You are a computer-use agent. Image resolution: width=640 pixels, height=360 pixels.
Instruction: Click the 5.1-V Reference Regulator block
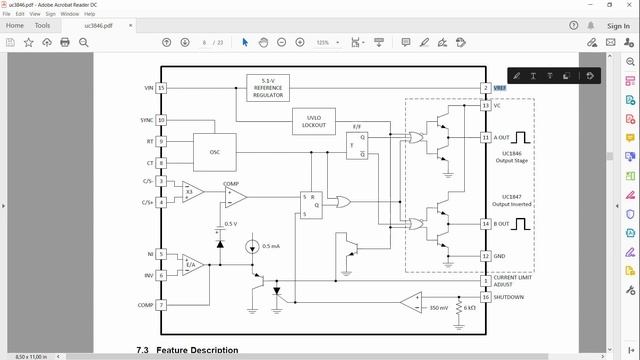(x=267, y=88)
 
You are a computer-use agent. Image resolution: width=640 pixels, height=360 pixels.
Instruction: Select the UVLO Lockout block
(x=314, y=122)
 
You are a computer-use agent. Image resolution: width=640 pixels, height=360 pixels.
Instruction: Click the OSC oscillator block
(x=215, y=151)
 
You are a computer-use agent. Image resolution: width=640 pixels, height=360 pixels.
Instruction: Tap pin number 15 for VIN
(x=161, y=88)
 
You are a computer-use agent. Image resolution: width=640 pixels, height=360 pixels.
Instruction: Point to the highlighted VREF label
(x=500, y=88)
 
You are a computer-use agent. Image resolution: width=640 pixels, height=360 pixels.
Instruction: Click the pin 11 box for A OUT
(x=485, y=137)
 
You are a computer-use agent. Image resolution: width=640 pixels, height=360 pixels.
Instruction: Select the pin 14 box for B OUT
(x=485, y=224)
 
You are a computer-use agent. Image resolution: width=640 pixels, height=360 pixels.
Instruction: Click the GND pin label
(x=499, y=256)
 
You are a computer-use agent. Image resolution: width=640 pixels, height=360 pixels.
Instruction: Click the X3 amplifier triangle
(x=190, y=190)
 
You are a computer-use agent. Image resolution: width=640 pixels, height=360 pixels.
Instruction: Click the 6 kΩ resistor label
(x=470, y=308)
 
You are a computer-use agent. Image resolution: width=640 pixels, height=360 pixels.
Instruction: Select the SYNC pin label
(x=146, y=120)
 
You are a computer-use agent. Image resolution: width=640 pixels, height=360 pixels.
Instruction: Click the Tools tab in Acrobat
(x=43, y=25)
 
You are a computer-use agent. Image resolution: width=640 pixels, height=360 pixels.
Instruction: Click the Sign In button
(x=617, y=25)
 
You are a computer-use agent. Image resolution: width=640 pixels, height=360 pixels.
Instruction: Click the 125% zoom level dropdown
(x=327, y=43)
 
